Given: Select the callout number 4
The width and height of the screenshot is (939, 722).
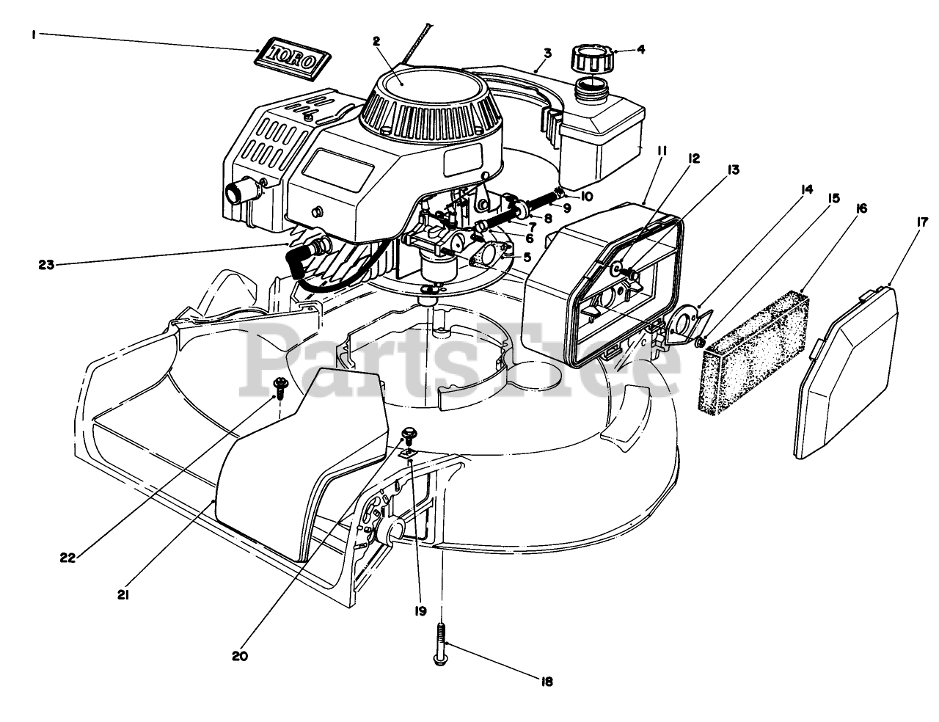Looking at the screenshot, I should tap(640, 51).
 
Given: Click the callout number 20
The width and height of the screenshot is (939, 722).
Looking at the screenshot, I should tap(241, 655).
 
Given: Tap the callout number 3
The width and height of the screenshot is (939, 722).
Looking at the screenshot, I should tap(547, 53).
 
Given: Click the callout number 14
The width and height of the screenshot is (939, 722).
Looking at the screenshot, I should tap(806, 189).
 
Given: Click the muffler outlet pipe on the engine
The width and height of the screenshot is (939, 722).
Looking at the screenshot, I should tap(241, 194).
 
